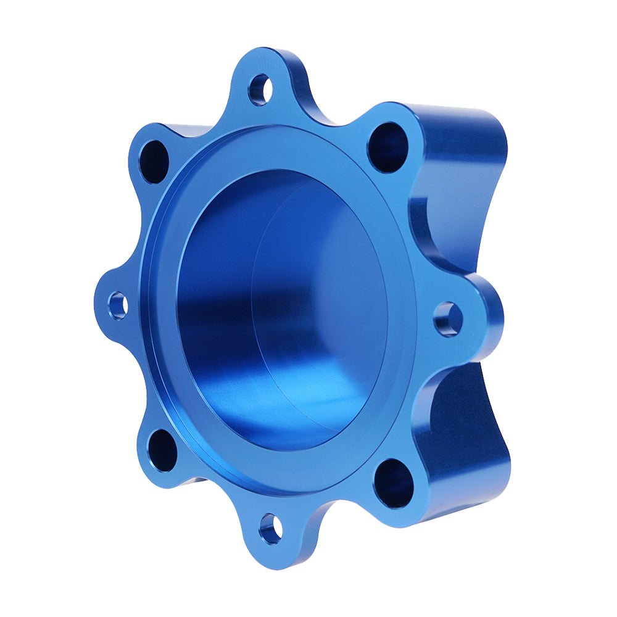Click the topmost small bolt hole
[x=260, y=89]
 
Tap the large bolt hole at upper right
[x=387, y=147]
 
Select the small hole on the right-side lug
[x=448, y=319]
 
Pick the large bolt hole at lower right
[x=393, y=483]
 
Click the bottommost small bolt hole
[x=270, y=529]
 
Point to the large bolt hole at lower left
[x=163, y=450]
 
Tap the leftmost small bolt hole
[x=117, y=305]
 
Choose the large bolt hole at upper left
[x=154, y=162]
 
